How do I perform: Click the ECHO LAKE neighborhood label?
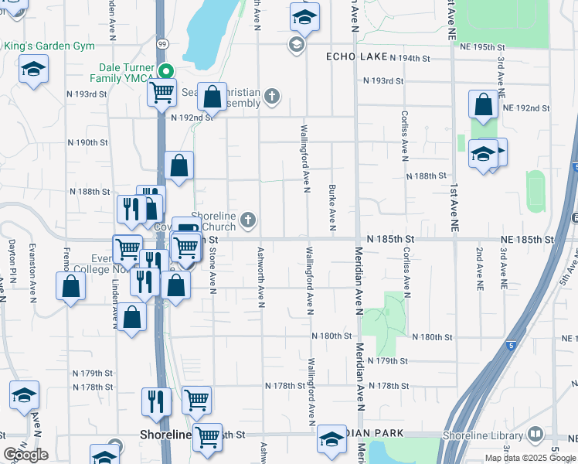pos(355,56)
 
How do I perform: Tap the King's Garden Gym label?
pos(49,46)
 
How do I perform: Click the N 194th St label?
pos(410,58)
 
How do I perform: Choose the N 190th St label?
pos(87,143)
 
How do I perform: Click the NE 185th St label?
pos(527,240)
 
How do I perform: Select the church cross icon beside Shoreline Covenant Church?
pos(249,221)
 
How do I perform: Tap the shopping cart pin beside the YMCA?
pos(162,93)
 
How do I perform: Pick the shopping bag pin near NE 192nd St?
pos(483,105)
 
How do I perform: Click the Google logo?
pos(25,455)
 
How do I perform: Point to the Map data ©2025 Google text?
pos(529,458)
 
